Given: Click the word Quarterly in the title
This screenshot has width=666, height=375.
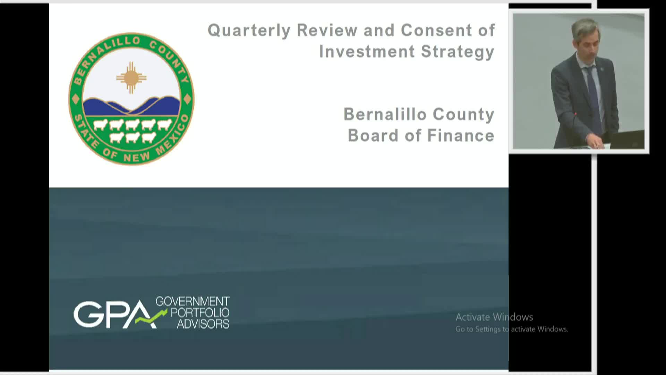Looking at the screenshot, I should (249, 31).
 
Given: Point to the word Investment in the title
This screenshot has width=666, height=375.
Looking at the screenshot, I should (367, 52).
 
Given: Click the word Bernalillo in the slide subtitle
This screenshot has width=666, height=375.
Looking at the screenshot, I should (385, 114).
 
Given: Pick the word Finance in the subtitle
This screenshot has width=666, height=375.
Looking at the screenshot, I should (461, 135).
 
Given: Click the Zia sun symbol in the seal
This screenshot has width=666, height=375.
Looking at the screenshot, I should (131, 78).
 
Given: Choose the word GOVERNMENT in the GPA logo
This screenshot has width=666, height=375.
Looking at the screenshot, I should (193, 301).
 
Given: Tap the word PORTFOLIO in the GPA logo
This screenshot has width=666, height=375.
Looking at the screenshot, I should (200, 312).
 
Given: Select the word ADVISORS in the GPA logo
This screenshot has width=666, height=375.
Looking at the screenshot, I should (203, 324).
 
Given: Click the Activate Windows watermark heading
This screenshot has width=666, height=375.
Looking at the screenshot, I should (494, 317).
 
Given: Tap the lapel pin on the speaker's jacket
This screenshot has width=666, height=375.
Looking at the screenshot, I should (602, 68).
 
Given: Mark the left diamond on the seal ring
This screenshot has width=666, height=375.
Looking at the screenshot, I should (76, 100).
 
